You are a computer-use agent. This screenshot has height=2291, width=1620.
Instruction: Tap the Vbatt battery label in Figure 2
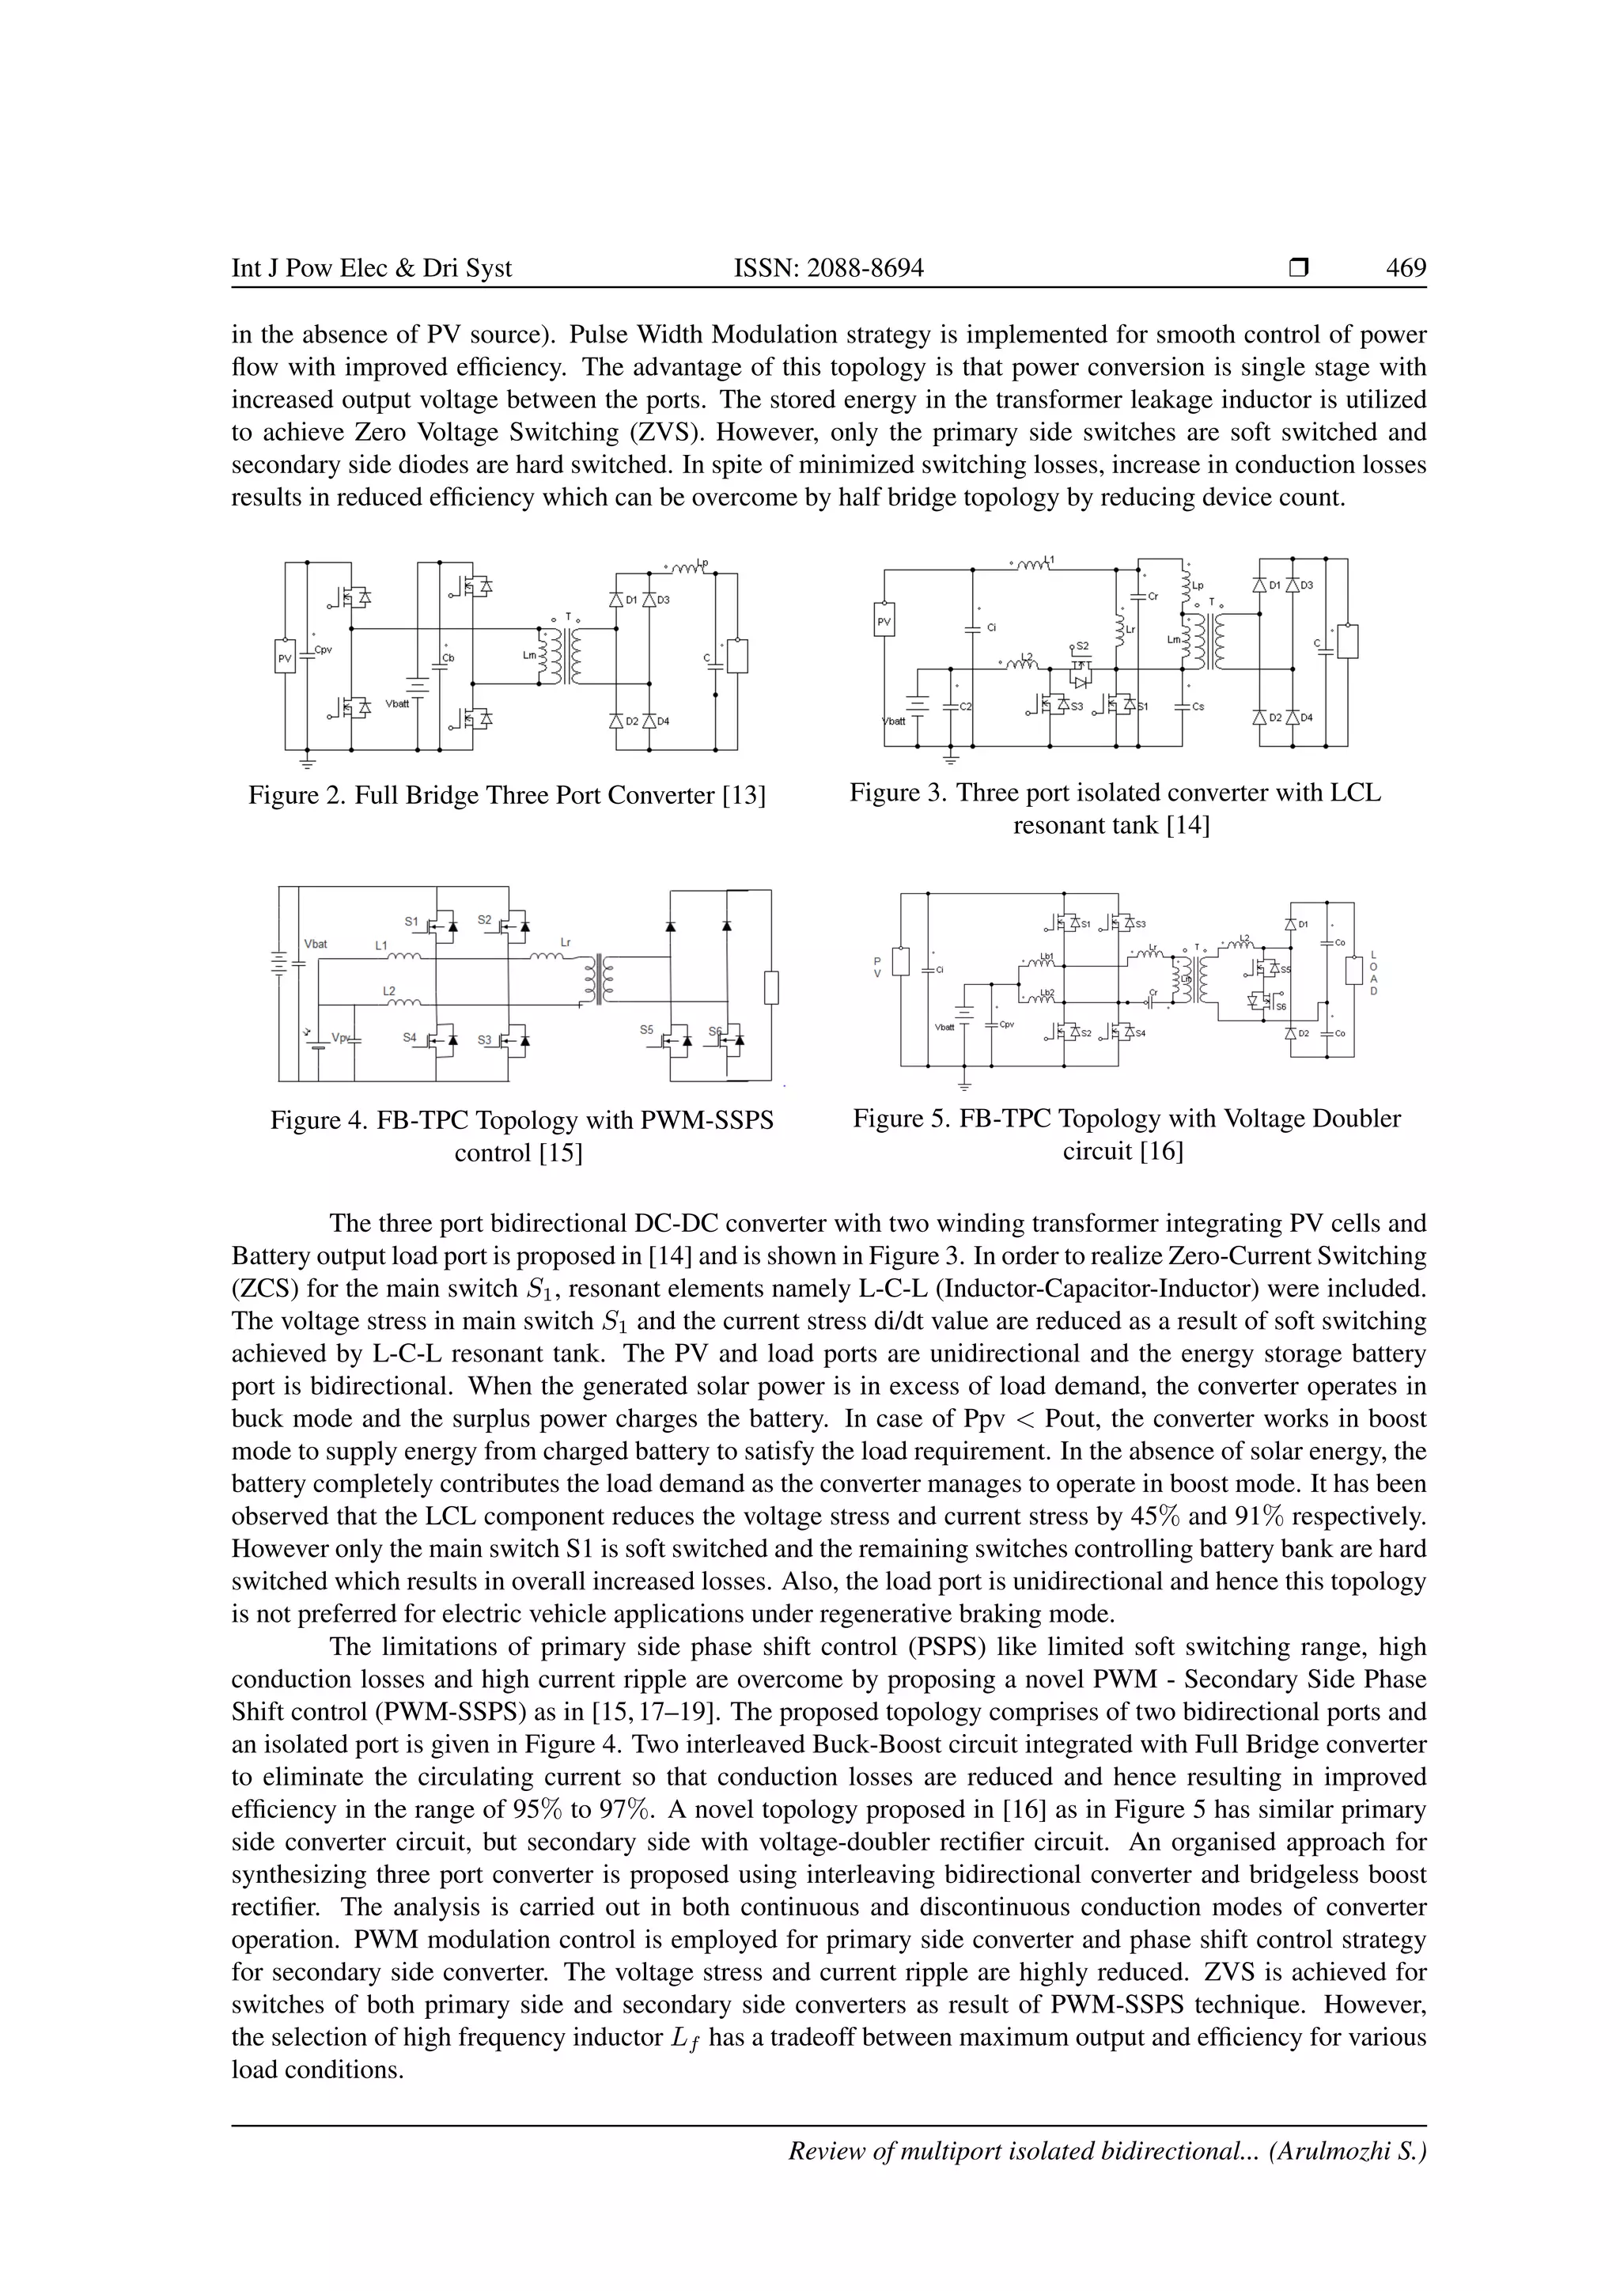point(398,703)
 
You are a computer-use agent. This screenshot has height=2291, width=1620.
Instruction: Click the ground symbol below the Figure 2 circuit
point(306,763)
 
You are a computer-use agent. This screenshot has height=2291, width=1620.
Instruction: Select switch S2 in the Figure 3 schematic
point(1082,646)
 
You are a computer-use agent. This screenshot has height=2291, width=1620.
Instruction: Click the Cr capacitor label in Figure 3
point(1153,596)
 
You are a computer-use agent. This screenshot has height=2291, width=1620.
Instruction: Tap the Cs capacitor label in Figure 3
point(1198,706)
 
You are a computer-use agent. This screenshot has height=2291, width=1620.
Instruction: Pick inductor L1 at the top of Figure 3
point(1038,565)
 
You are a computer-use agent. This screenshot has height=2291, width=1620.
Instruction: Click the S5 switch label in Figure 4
point(647,1028)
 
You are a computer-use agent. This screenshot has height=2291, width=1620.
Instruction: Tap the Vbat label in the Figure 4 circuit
point(316,943)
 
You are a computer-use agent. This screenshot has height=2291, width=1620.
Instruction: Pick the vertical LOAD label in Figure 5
point(1374,973)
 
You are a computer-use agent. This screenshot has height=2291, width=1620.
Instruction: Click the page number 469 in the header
point(1406,267)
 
